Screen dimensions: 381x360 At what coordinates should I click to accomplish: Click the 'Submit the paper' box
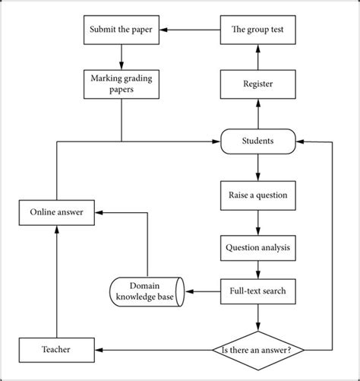(121, 31)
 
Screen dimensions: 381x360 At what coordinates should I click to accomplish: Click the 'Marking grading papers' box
(121, 83)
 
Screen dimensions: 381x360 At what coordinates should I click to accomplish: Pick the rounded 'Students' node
(257, 141)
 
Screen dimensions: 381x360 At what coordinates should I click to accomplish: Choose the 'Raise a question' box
(257, 195)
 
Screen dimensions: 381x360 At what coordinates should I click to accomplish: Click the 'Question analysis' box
(257, 247)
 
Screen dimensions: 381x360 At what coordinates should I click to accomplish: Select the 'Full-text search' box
(257, 291)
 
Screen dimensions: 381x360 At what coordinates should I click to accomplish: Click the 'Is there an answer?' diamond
(257, 350)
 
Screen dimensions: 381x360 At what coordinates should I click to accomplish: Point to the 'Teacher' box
(57, 350)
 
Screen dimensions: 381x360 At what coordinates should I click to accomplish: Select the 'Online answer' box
(57, 212)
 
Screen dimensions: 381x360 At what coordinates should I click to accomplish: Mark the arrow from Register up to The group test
(257, 58)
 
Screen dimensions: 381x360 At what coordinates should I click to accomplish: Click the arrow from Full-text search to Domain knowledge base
(201, 291)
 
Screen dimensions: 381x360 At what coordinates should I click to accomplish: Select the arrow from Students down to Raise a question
(257, 167)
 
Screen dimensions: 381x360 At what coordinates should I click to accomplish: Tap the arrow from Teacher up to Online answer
(57, 281)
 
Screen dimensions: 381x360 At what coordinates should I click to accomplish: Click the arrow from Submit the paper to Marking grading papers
(121, 57)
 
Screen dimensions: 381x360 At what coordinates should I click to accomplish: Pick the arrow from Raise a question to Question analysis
(257, 221)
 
